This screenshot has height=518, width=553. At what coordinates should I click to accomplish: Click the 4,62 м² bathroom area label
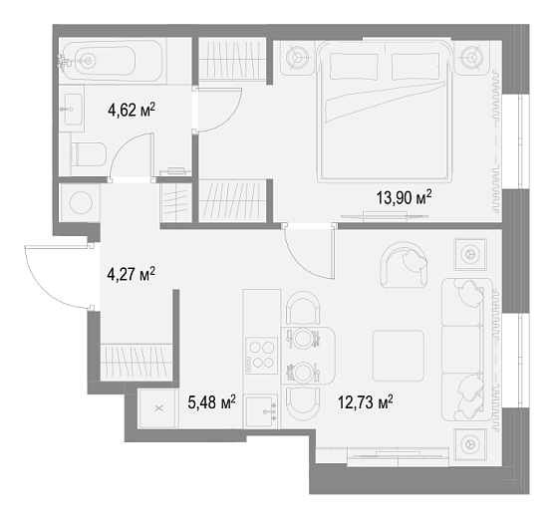tap(132, 110)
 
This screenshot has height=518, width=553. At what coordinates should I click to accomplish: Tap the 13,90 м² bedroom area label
tap(404, 197)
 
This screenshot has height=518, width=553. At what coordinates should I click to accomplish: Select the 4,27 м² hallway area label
tap(131, 274)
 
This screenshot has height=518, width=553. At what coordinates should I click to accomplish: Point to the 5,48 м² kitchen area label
tap(211, 402)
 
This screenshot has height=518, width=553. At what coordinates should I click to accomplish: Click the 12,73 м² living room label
tap(366, 402)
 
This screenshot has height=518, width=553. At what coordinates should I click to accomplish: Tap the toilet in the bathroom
tap(88, 154)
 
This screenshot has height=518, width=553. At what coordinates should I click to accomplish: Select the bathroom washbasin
tap(73, 109)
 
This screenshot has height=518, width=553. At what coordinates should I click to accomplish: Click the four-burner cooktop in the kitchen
tap(262, 356)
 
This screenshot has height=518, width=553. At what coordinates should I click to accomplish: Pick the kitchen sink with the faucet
tap(261, 411)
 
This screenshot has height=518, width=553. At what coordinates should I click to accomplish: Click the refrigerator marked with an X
tap(159, 408)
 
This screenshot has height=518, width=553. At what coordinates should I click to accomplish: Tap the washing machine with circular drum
tap(81, 203)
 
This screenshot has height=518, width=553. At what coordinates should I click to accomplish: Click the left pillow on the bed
tap(354, 67)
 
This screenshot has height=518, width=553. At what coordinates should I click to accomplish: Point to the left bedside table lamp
tap(297, 57)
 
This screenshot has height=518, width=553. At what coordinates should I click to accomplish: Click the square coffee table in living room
tap(399, 356)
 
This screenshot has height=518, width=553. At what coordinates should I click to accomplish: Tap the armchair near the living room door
tap(404, 264)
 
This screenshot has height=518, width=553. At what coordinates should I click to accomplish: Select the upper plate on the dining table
tap(303, 338)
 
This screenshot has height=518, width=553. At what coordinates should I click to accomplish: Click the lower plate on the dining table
tap(303, 372)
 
